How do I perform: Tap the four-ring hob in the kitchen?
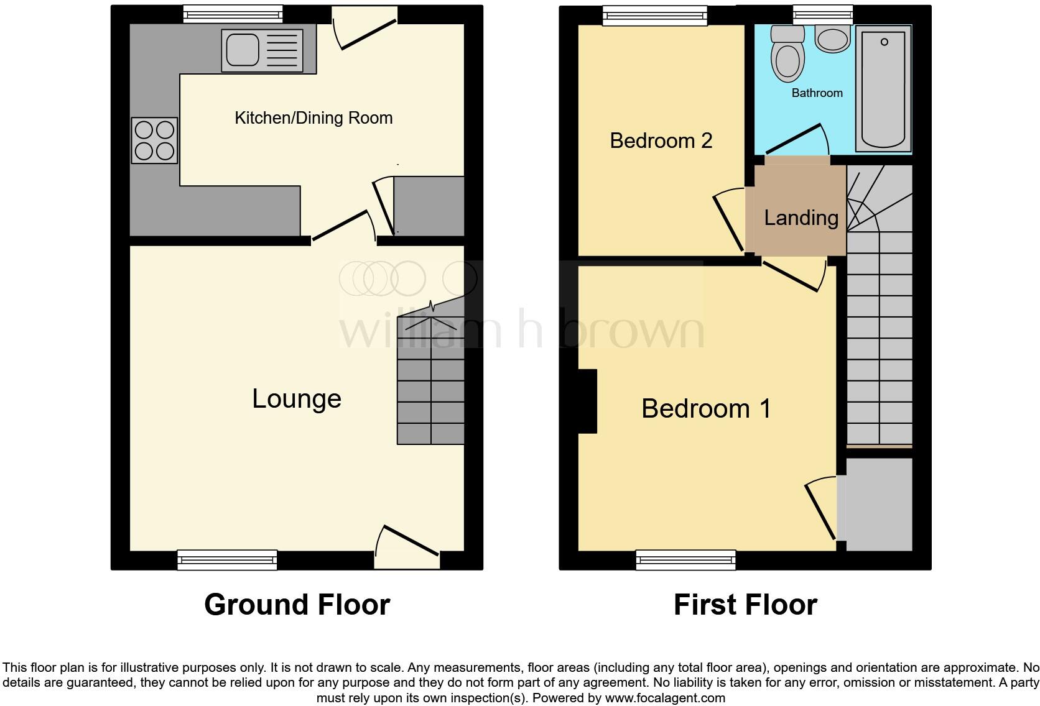(x=154, y=140)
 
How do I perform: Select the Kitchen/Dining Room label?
(x=313, y=118)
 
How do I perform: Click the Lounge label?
(x=297, y=398)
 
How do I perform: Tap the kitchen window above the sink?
(x=233, y=14)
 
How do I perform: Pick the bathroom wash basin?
(x=832, y=39)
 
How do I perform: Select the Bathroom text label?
(x=817, y=93)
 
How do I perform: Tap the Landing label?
(x=801, y=218)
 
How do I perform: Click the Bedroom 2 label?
(x=661, y=140)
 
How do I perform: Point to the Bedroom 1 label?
(x=706, y=408)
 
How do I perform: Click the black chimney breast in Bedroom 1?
(x=587, y=401)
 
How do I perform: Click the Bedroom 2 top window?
(x=655, y=15)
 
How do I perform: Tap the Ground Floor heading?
(x=297, y=605)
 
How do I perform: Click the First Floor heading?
(x=745, y=605)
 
